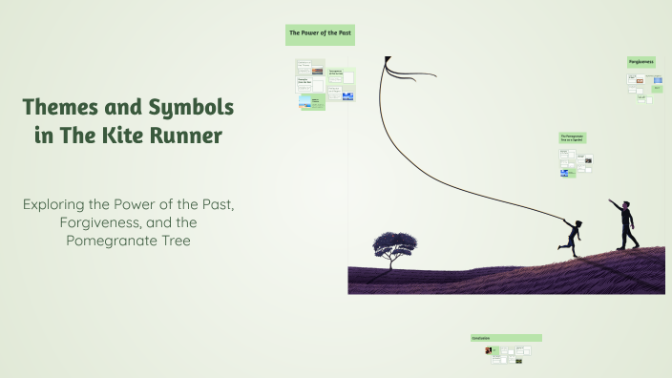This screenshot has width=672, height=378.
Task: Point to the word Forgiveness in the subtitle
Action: click(86, 222)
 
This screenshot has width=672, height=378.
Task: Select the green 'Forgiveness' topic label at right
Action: click(640, 62)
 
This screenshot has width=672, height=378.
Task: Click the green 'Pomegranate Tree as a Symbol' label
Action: click(573, 138)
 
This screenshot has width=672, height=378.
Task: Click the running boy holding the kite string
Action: click(572, 235)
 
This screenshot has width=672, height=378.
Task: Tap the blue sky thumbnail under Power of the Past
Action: click(347, 96)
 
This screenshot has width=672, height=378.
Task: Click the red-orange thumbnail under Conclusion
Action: click(488, 350)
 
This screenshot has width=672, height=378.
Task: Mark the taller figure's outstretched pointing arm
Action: click(615, 205)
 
